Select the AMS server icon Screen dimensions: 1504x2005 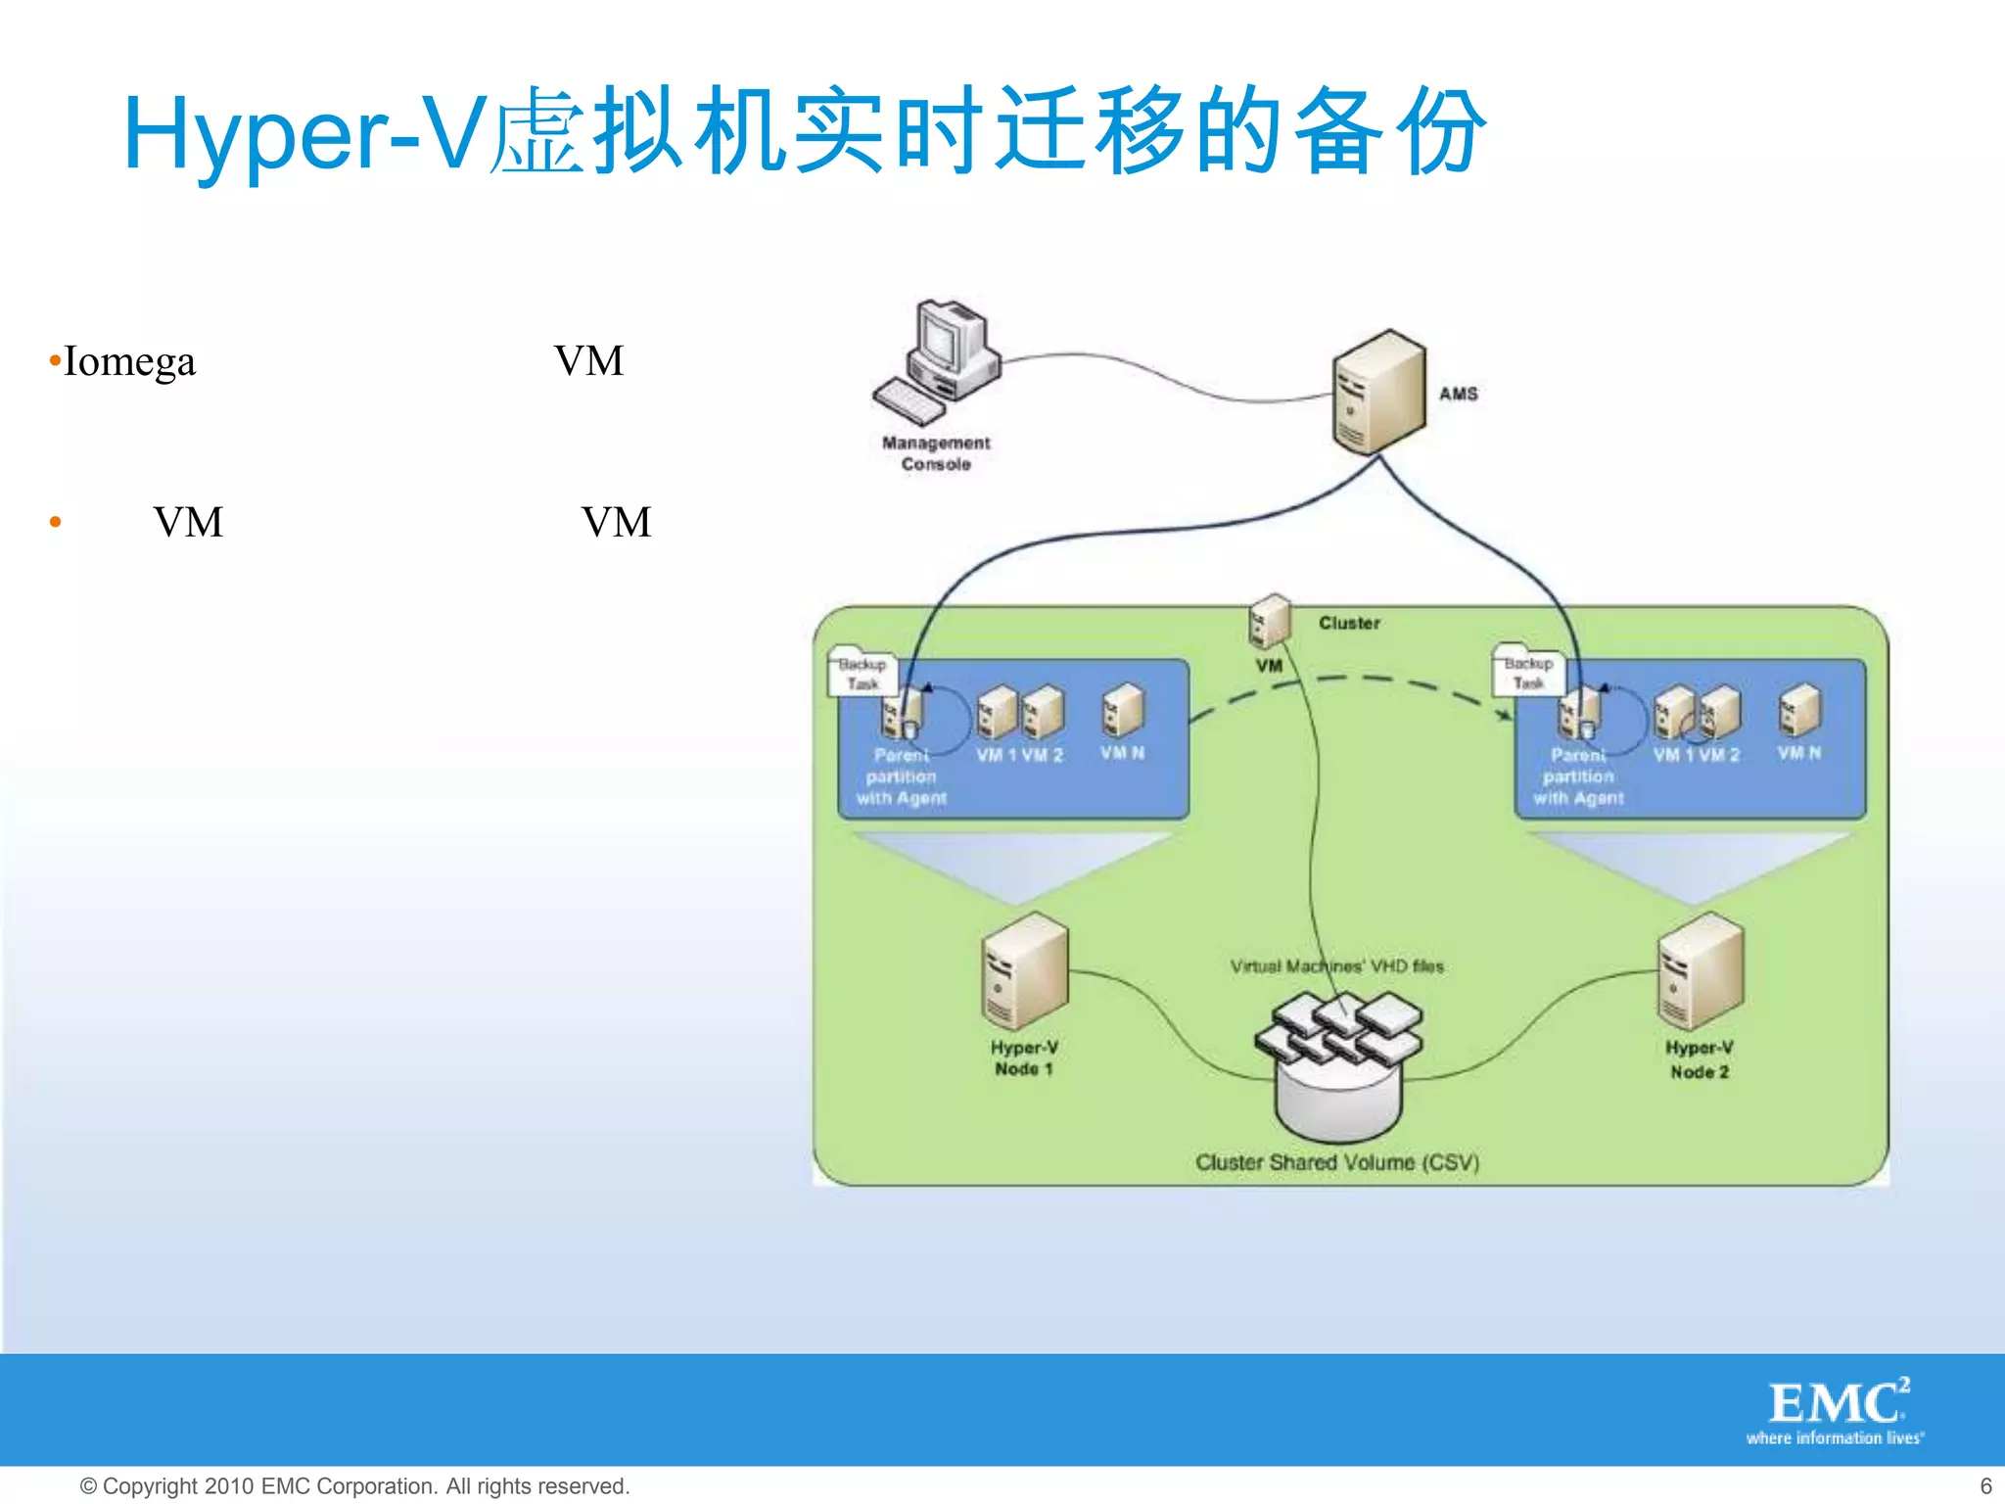coord(1378,392)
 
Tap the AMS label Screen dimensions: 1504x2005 coord(1458,394)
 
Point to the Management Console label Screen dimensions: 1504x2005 coord(936,453)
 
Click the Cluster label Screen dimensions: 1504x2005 coord(1349,623)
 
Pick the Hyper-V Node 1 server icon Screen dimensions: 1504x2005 coord(1024,971)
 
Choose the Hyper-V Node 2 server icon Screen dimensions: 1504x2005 coord(1701,971)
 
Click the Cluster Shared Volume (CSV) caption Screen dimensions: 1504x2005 coord(1336,1162)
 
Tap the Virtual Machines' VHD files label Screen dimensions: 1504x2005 coord(1336,966)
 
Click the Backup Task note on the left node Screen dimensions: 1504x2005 coord(862,673)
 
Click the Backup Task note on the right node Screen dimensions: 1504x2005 coord(1528,673)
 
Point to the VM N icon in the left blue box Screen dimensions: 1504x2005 coord(1123,711)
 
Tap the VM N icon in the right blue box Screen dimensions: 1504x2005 coord(1799,711)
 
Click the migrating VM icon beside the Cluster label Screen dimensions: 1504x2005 coord(1270,622)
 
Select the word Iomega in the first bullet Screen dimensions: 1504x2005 coord(129,361)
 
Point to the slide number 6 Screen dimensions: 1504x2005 coord(1985,1485)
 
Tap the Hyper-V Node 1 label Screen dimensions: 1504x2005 coord(1024,1058)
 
